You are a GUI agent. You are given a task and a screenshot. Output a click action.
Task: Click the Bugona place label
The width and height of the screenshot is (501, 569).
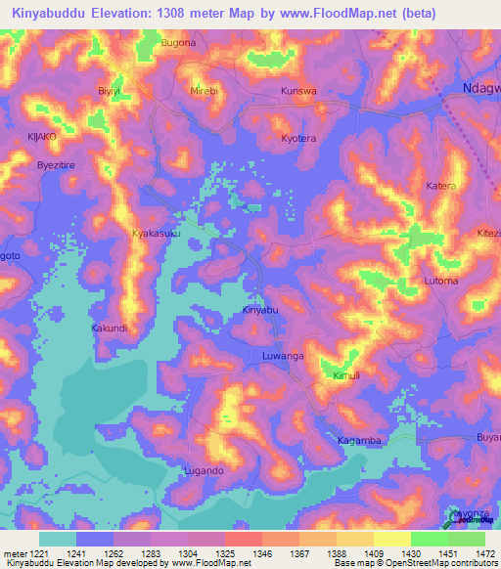click(178, 43)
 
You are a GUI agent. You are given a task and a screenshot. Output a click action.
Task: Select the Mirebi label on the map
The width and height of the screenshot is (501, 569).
click(204, 90)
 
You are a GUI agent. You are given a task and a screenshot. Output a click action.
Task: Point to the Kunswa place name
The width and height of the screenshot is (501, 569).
click(298, 91)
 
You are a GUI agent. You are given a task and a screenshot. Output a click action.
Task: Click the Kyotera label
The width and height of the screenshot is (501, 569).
click(299, 139)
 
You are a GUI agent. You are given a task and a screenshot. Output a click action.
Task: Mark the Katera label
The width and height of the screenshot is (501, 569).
click(441, 185)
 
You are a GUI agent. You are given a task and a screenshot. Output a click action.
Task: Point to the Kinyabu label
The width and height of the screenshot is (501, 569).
click(260, 310)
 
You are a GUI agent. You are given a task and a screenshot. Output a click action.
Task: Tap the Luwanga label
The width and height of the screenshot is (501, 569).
click(284, 358)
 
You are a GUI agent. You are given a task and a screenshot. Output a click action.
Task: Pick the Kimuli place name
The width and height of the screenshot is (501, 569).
click(346, 375)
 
